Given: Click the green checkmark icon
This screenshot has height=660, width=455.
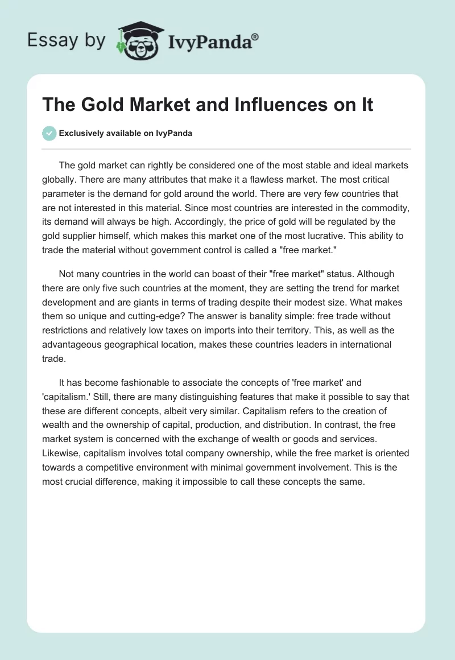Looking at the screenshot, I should (49, 133).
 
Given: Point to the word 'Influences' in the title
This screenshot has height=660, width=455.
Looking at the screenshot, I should (262, 105).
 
